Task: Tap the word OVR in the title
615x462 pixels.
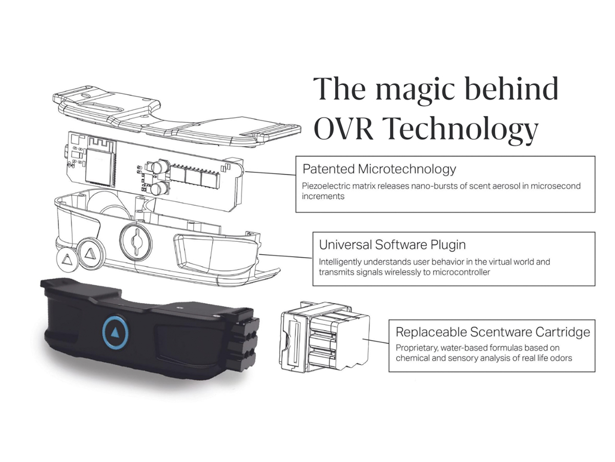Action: [x=344, y=129]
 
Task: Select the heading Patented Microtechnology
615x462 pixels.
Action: [x=379, y=169]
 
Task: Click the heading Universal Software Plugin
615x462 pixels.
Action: [x=392, y=245]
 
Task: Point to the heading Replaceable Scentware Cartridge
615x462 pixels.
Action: [x=493, y=332]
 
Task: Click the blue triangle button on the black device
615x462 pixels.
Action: [x=115, y=333]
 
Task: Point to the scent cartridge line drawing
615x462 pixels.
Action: [x=324, y=337]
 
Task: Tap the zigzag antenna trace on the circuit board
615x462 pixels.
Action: [x=101, y=143]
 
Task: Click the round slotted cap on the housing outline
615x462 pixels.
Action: [x=136, y=241]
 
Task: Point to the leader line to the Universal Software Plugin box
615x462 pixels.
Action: [x=286, y=256]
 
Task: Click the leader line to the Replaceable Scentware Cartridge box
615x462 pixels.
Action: [x=376, y=340]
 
